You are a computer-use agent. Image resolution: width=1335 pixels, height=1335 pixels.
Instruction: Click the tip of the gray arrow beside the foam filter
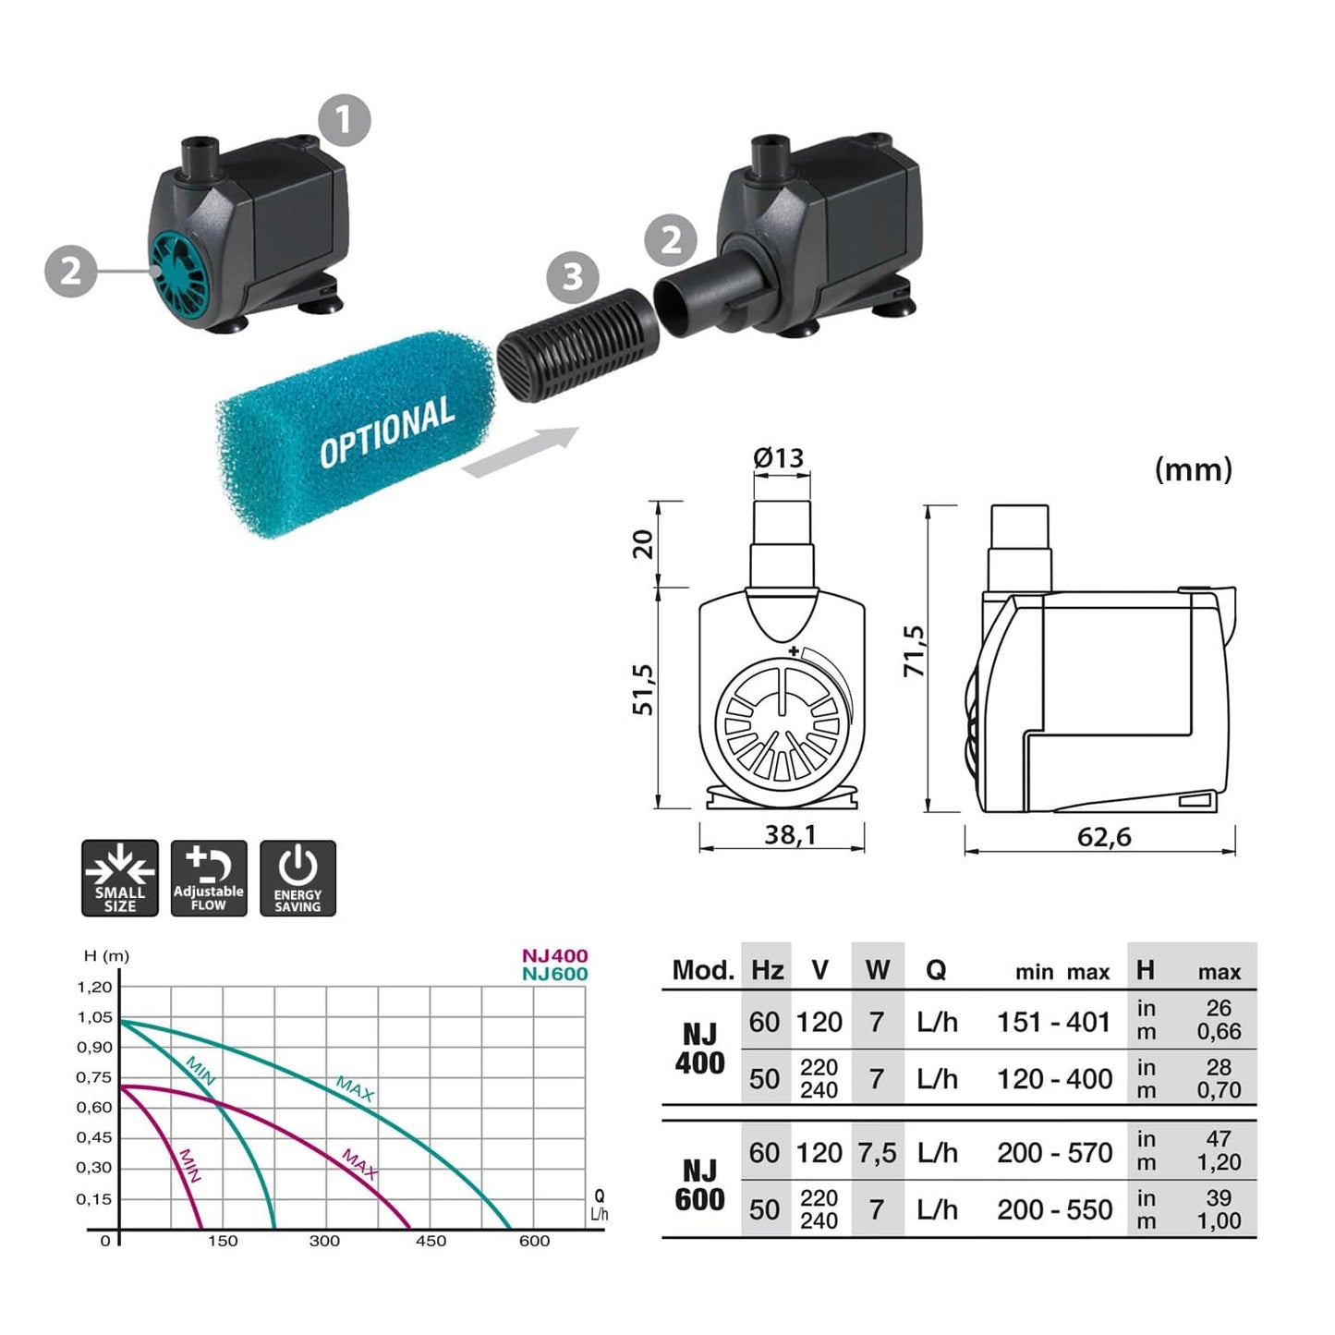(x=578, y=428)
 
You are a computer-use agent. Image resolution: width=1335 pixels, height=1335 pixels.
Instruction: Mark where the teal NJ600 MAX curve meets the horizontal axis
(x=511, y=1229)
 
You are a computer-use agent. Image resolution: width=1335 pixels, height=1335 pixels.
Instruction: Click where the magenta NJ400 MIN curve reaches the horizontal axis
(x=201, y=1229)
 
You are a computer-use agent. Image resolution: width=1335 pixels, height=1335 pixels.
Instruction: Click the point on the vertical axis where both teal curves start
(x=120, y=1021)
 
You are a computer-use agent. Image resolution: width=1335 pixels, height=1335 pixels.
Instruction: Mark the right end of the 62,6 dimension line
(x=1234, y=850)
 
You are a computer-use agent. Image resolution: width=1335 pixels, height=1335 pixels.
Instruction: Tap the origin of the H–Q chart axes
(x=120, y=1230)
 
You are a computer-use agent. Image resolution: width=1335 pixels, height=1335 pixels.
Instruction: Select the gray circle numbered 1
(x=345, y=120)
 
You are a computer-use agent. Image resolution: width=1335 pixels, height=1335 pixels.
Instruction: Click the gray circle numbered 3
(x=572, y=277)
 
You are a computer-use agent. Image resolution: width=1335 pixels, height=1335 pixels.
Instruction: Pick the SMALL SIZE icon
(x=120, y=878)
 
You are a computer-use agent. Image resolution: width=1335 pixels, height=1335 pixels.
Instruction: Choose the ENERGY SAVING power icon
(x=297, y=878)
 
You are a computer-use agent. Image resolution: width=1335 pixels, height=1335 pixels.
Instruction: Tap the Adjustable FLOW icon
(x=209, y=878)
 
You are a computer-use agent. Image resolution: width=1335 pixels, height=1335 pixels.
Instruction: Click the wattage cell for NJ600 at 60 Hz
(x=877, y=1153)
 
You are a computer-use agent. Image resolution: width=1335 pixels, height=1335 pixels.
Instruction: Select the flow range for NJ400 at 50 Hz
(x=1054, y=1079)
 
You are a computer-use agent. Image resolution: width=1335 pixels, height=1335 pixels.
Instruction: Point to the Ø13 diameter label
(x=778, y=457)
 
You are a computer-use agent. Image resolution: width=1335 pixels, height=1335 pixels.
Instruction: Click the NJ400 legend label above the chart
(x=555, y=956)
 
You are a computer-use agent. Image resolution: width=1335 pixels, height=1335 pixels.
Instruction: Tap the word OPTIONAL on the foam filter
(x=386, y=432)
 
